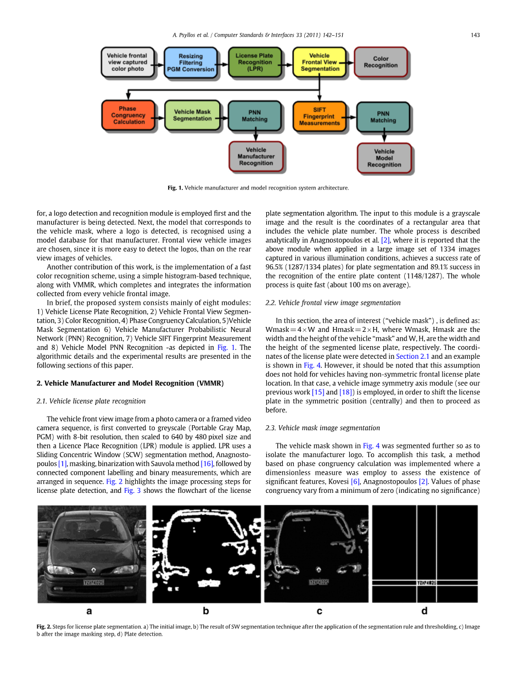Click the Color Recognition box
point(381,62)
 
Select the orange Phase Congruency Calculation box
point(128,115)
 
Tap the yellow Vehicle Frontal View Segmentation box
point(319,62)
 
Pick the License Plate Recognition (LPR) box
point(254,62)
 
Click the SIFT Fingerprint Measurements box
point(319,116)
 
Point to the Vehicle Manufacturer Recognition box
point(256,156)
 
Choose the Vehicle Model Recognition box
point(384,158)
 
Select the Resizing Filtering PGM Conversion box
point(190,63)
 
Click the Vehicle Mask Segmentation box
point(192,115)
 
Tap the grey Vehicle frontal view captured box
point(127,62)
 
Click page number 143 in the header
point(475,35)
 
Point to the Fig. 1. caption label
point(175,188)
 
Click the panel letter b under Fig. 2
point(205,610)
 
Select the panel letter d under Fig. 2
point(424,610)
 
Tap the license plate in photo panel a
point(93,582)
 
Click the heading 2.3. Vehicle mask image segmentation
point(322,427)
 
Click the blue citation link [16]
point(206,464)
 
